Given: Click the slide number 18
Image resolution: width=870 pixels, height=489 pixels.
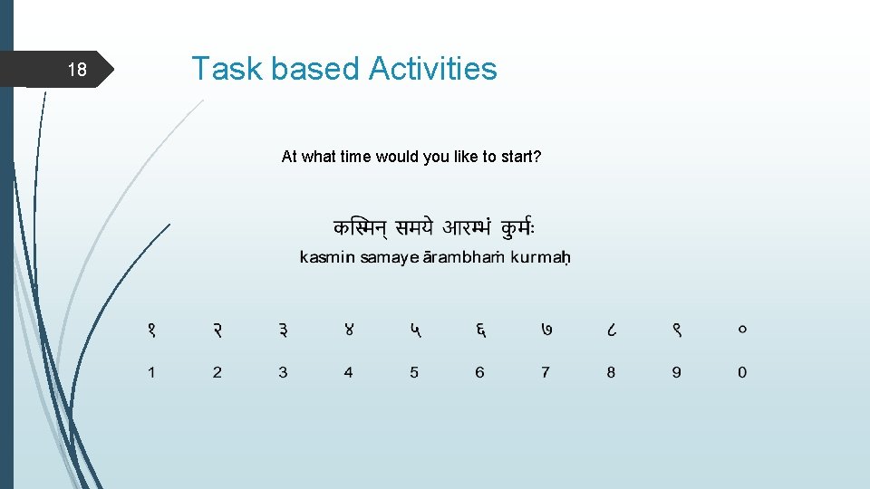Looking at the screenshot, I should point(78,71).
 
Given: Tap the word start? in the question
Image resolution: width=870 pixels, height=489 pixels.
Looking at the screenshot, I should point(520,157).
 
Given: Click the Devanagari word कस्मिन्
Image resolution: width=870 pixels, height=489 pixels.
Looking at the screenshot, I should point(365,227).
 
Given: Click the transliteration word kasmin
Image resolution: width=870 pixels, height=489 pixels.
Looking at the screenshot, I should point(327,258).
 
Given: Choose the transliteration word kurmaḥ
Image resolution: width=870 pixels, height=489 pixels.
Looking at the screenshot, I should point(540,258).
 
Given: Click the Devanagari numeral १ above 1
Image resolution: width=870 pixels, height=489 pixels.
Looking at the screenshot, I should point(151,331).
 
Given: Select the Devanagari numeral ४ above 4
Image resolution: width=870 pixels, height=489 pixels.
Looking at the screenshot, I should point(349,331).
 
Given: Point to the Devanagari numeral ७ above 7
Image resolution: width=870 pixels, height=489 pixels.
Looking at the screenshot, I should point(546,331).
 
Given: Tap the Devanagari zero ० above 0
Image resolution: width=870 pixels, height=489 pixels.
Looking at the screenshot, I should point(742,331).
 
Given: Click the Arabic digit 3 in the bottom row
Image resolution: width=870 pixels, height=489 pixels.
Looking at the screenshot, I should point(283,372).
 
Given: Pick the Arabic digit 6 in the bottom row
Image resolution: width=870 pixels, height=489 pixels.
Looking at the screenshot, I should point(479,372).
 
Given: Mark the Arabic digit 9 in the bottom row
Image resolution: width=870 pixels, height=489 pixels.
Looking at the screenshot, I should point(677,372).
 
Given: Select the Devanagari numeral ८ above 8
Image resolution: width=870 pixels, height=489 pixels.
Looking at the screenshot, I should point(611,331).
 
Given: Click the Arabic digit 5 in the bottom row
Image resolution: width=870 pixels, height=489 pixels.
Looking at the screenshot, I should point(414,372).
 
